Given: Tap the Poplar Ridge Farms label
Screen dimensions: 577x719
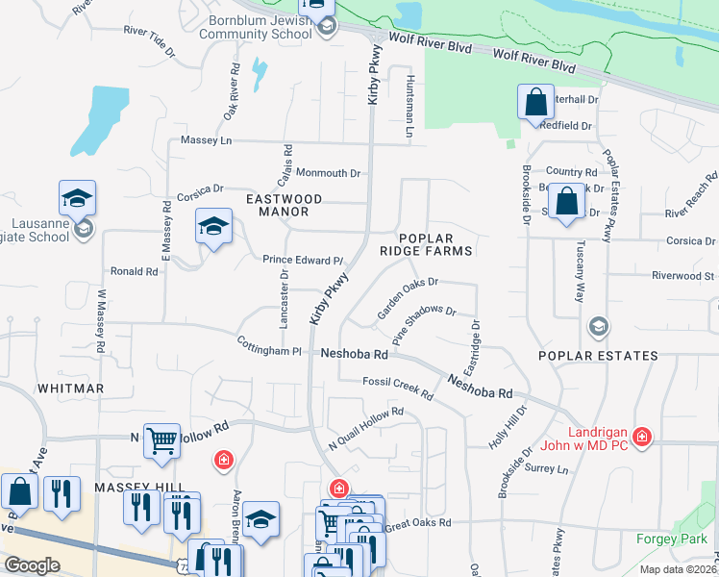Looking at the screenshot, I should click(436, 244).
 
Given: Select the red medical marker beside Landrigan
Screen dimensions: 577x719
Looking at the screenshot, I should click(641, 439).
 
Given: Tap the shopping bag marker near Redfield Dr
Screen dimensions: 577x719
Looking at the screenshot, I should click(534, 103).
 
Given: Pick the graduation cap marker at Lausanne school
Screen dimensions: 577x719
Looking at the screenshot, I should click(76, 199).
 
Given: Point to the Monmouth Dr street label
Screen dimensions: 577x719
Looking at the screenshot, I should click(328, 173).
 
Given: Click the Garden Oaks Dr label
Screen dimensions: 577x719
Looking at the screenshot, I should click(408, 297).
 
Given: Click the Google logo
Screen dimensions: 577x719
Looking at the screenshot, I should click(32, 565).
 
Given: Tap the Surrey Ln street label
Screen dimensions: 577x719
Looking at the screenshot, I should click(549, 469).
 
